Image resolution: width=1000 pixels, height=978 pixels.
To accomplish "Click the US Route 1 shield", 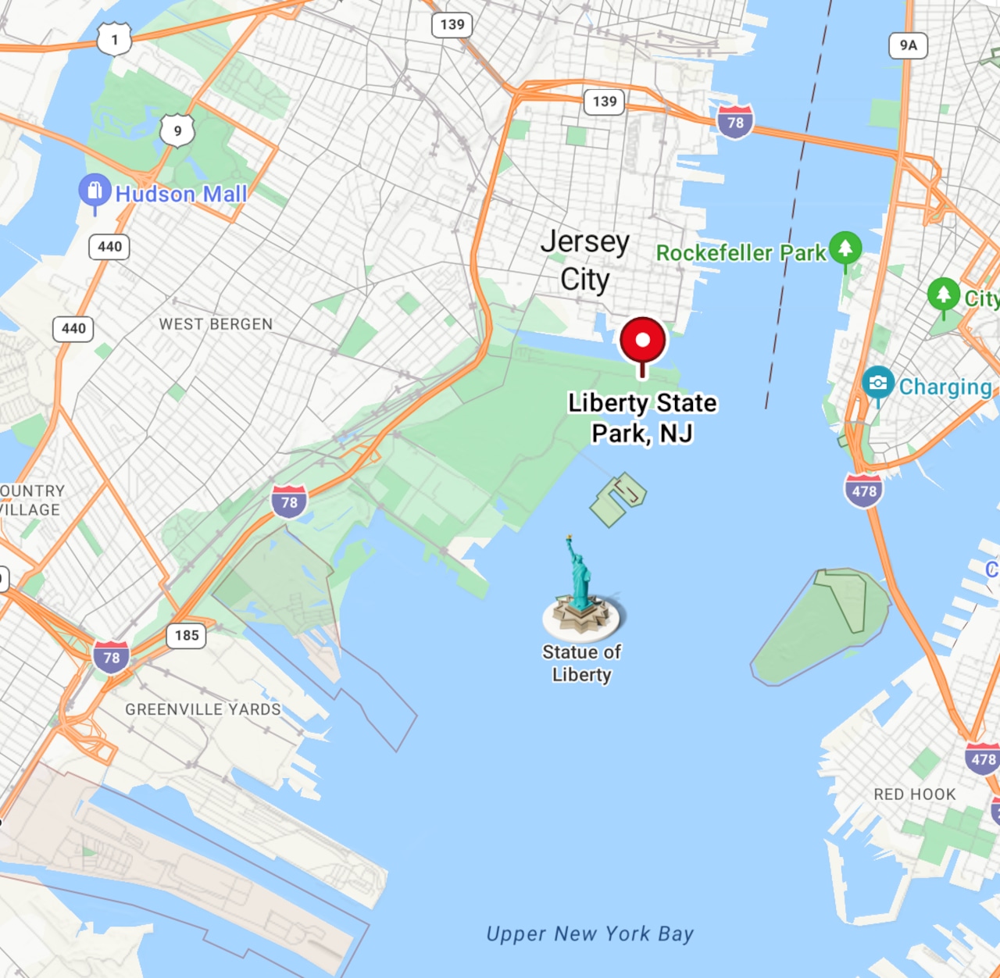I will point(114,39).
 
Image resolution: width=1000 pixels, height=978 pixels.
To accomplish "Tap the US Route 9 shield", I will point(177,130).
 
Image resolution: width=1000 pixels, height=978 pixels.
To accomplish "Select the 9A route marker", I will point(908,45).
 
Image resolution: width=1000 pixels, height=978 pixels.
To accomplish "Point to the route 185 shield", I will point(187,635).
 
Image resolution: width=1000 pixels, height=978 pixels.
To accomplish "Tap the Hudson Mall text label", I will point(181,194).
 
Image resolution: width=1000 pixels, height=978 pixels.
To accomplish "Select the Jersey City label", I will point(585,260).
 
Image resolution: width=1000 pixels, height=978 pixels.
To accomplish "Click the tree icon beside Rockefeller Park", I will point(845,248).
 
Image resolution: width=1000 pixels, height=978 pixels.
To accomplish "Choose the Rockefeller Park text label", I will point(741,253).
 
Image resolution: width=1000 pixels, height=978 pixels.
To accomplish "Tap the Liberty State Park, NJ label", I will point(642,418).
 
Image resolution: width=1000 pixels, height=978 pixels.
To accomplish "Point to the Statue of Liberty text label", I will point(581,663).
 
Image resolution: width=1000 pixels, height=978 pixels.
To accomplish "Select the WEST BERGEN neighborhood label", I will point(216,324).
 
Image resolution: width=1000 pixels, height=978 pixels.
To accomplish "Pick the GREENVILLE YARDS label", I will point(203,709).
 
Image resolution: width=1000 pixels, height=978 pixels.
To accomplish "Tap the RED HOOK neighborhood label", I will point(915,794).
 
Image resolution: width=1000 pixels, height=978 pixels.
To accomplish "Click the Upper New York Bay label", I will point(590,933).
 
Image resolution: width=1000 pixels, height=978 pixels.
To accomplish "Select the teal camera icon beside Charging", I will point(878,383).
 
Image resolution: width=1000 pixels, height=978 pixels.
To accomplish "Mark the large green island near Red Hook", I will point(820,625).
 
